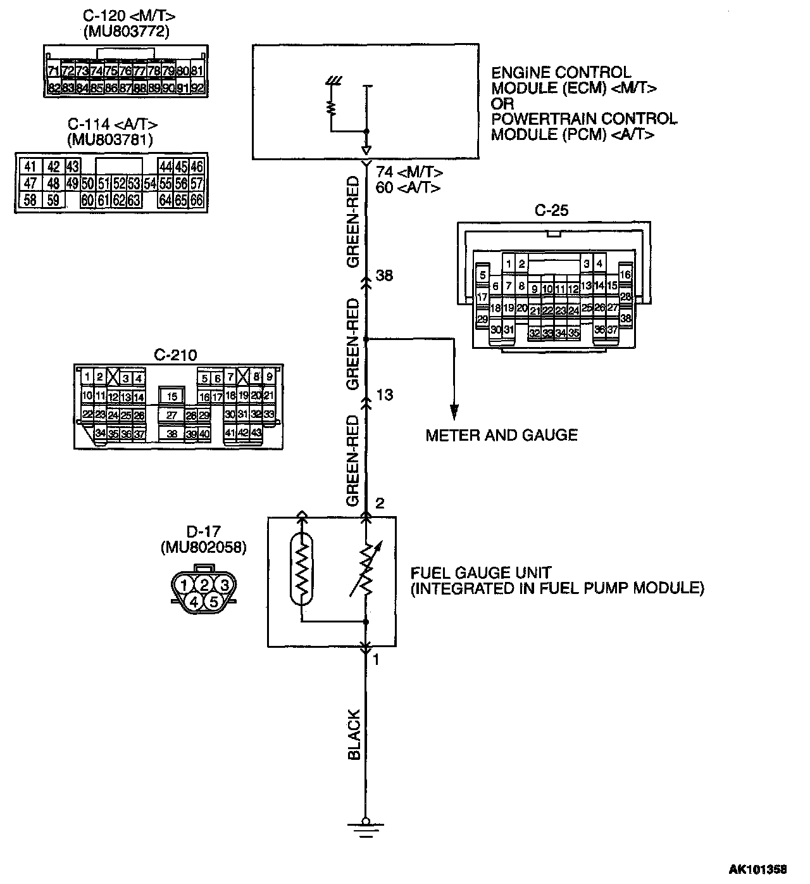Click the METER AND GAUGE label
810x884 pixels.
click(x=501, y=435)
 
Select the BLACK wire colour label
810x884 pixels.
click(x=354, y=735)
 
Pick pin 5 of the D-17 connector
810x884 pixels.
click(x=214, y=601)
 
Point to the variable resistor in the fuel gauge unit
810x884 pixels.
click(x=365, y=569)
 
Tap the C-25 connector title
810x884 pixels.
click(x=551, y=211)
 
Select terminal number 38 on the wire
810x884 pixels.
click(x=384, y=276)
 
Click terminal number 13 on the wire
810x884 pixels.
click(x=384, y=395)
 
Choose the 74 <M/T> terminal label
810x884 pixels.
click(x=409, y=172)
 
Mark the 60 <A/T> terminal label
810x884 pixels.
click(x=408, y=187)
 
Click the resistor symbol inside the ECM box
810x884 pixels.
click(x=330, y=108)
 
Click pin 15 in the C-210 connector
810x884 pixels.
click(x=171, y=397)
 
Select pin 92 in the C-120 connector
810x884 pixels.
click(x=197, y=88)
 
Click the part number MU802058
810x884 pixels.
click(x=203, y=548)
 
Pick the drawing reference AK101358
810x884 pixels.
click(x=763, y=870)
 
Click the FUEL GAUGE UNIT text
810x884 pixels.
click(x=481, y=573)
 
